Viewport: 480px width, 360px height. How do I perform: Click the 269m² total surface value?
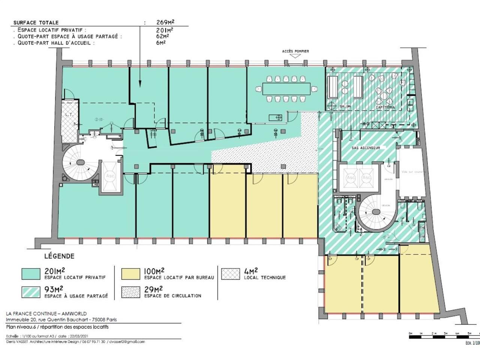[165, 22]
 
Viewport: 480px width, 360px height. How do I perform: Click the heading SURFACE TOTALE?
[36, 23]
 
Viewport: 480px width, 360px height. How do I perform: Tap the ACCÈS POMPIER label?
[295, 51]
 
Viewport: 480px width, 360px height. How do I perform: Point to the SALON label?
[345, 106]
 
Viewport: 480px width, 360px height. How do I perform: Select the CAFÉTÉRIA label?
[385, 107]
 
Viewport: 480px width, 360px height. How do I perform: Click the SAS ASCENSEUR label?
[366, 148]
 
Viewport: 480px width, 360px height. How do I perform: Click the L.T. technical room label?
[69, 115]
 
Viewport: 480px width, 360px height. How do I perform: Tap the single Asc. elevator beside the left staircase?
[110, 176]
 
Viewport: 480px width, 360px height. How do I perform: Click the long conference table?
[286, 89]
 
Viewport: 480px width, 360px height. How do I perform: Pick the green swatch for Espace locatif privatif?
[31, 274]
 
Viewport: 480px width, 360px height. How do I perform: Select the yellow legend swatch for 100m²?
[130, 274]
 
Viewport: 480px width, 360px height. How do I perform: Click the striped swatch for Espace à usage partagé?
[31, 292]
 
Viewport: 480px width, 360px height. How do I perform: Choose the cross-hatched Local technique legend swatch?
[230, 274]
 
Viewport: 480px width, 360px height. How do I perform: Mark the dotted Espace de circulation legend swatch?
[130, 292]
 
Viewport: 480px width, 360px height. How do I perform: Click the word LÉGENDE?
[59, 256]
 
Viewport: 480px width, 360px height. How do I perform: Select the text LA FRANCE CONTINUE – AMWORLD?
[46, 313]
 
